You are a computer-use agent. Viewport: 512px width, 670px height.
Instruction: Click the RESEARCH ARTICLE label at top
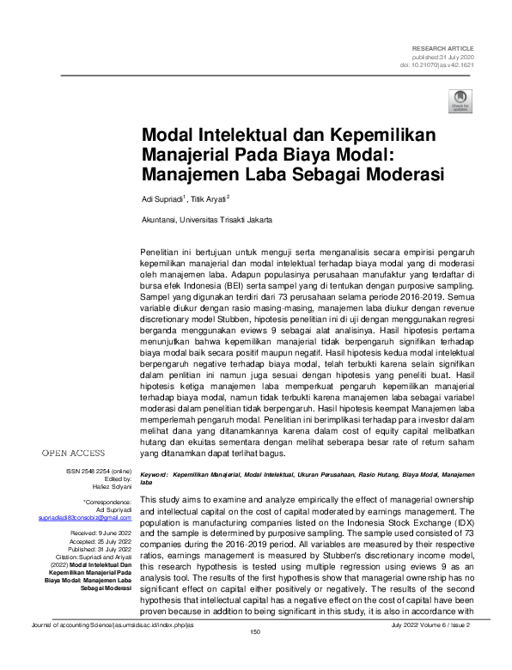coord(442,48)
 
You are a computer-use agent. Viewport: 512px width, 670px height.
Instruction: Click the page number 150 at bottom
coord(255,658)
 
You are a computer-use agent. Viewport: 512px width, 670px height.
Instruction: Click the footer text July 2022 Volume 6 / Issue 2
coord(438,649)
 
